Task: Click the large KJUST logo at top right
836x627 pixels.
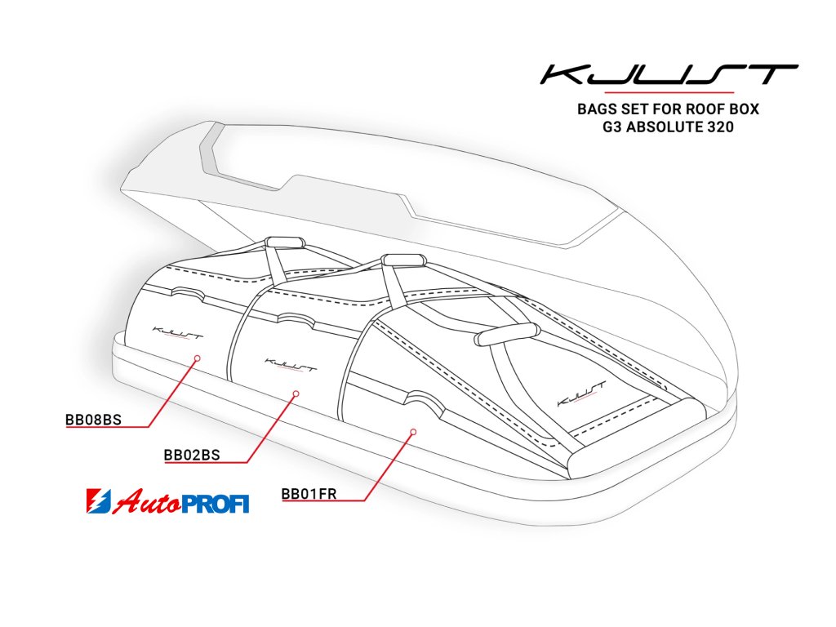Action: point(669,76)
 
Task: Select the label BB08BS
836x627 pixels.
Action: point(93,420)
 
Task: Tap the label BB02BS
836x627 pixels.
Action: point(192,455)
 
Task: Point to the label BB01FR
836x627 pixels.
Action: point(309,493)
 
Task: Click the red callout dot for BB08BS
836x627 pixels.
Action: point(197,358)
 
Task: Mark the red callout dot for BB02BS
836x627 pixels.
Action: point(296,394)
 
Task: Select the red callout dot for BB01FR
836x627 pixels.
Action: point(413,430)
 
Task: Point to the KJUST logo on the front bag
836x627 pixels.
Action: point(580,393)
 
